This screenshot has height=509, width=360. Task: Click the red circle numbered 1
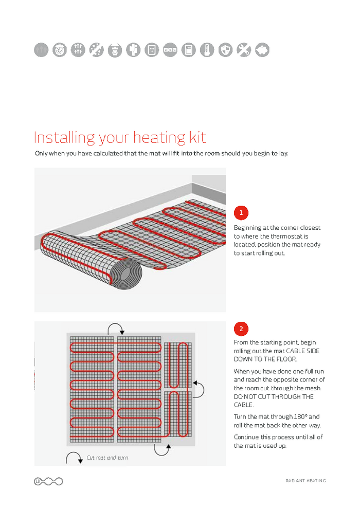coord(241,212)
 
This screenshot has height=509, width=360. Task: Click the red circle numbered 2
coord(241,329)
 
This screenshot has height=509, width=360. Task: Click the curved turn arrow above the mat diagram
coord(115,330)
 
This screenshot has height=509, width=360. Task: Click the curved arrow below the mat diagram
coord(163,449)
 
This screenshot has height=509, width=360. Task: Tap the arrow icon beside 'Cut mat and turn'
coord(74,458)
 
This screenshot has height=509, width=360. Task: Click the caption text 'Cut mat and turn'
coord(107,458)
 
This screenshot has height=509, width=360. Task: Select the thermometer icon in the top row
coord(207,50)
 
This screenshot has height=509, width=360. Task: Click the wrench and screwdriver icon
coord(244,50)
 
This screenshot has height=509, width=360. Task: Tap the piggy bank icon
coord(262,50)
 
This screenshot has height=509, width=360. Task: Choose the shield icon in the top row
coord(225,50)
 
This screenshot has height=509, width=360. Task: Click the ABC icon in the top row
coord(170,50)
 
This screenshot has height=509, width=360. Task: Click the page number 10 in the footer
coord(38,481)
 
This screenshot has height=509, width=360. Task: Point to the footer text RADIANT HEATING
coord(305,481)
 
